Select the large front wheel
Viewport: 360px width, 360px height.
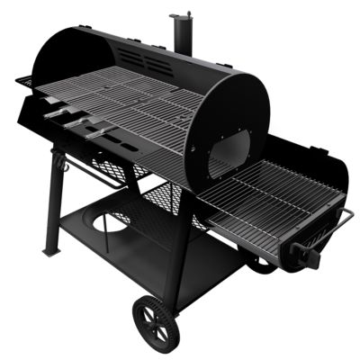pyautogui.click(x=155, y=320)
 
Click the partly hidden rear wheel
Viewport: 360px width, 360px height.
pyautogui.click(x=263, y=266)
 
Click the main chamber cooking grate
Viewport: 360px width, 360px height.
pyautogui.click(x=135, y=103)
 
